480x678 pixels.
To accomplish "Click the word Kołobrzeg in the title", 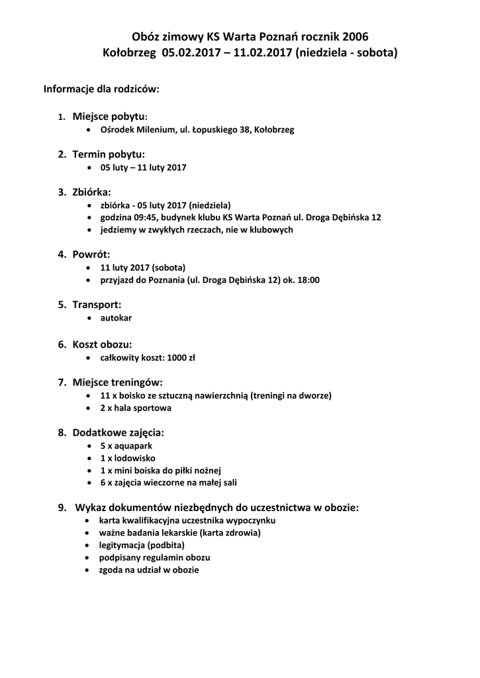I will point(129,52).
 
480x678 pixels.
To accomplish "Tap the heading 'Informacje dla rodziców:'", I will point(101,89).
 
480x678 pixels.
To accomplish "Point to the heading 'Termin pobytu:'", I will point(109,154).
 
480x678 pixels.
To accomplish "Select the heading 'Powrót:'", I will point(91,254).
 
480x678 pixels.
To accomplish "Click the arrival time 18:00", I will point(309,280).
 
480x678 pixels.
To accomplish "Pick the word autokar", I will point(116,318).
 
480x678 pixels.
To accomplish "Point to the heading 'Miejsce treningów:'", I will point(117,382).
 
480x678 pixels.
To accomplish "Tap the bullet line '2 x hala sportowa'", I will point(136,408).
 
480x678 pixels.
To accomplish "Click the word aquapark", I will point(134,446).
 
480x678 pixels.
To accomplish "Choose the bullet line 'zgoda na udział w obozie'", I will point(149,569).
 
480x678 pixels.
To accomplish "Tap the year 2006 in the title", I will point(356,37).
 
